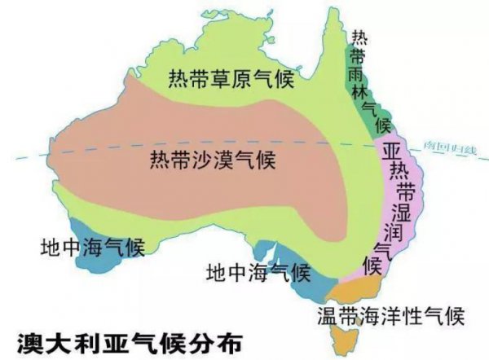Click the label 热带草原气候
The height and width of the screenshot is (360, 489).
231,79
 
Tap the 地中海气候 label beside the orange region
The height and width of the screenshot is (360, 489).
258,270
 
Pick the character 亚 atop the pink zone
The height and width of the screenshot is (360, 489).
391,152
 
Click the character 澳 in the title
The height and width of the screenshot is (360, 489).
31,337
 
